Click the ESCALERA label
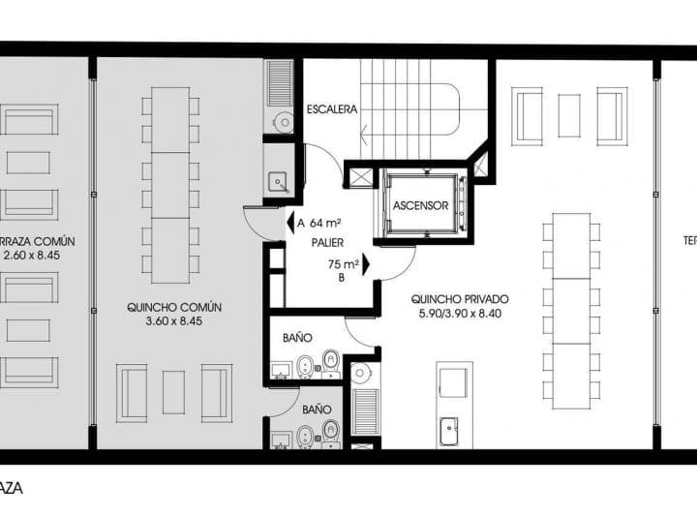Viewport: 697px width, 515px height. tap(332, 109)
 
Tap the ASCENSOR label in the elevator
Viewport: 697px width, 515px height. tap(420, 205)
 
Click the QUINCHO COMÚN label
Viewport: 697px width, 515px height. tap(174, 307)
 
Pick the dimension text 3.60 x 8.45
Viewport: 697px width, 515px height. tap(174, 323)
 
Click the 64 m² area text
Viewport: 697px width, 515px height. tap(329, 223)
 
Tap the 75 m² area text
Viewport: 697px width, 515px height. tap(344, 263)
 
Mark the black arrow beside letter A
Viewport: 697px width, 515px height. tap(288, 223)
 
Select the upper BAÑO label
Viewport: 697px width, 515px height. tap(297, 338)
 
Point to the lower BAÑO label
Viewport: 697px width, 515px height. tap(317, 409)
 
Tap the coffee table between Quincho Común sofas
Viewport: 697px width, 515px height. tap(174, 392)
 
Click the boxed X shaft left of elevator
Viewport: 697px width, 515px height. tap(360, 177)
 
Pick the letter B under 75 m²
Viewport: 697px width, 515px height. tap(340, 278)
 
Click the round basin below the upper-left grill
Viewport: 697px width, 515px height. tap(283, 122)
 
